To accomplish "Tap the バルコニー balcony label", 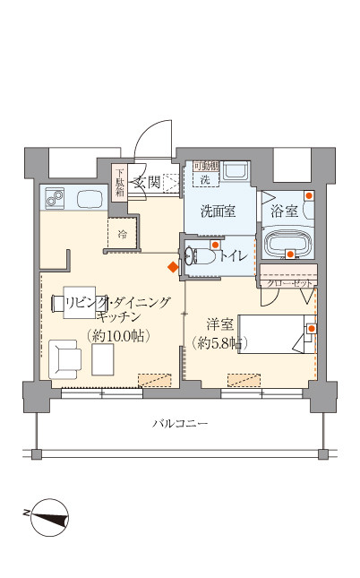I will [x=179, y=422].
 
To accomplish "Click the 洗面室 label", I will [x=218, y=212].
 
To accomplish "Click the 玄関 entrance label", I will [x=147, y=182].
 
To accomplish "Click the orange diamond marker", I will [x=172, y=266].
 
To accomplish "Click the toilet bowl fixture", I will [x=200, y=257].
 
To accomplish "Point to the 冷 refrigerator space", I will [x=123, y=235].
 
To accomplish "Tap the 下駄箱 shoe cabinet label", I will [x=120, y=181].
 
